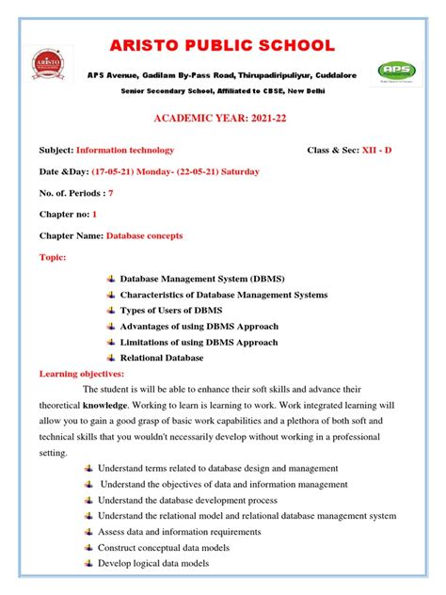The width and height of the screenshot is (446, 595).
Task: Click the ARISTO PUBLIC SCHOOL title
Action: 223,45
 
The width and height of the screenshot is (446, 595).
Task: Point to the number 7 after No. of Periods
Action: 110,192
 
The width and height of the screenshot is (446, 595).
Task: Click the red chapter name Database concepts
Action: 144,235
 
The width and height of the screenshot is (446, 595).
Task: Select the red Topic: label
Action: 53,257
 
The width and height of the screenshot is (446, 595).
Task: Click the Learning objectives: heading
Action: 82,374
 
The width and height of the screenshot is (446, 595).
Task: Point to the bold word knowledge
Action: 104,406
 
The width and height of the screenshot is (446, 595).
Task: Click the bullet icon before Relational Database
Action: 110,358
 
